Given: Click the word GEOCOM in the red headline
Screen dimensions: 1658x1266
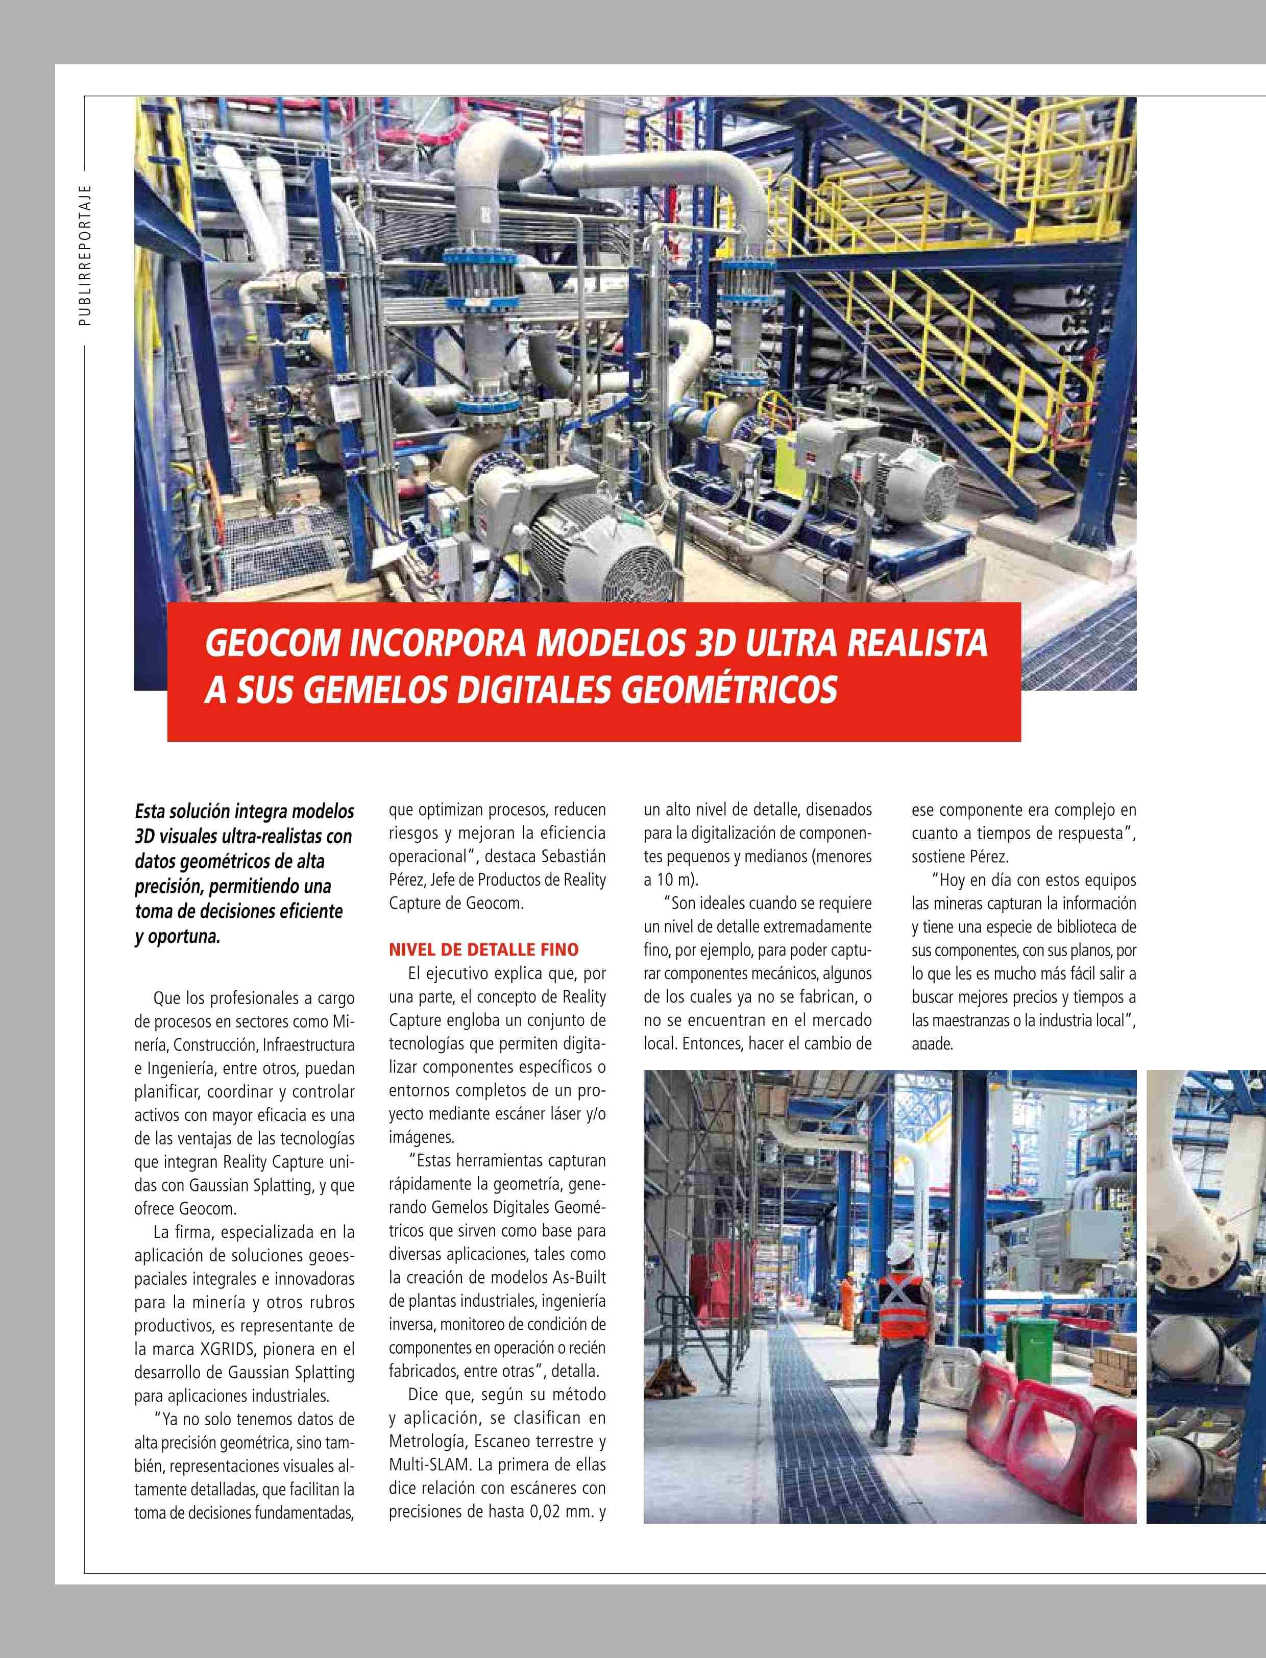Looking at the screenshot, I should (x=272, y=643).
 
